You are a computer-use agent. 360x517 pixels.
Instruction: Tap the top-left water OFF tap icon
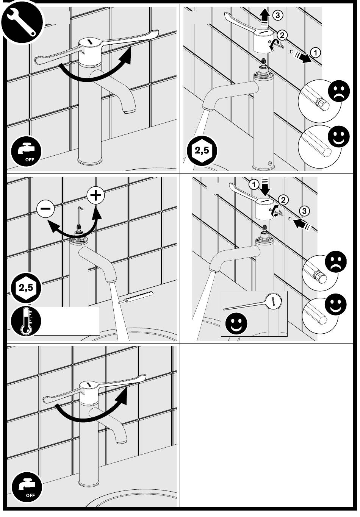coord(27,153)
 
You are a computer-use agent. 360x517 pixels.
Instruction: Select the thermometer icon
coord(25,321)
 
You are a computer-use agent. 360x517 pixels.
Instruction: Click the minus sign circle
coord(45,209)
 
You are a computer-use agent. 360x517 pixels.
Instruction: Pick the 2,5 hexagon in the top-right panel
coord(202,151)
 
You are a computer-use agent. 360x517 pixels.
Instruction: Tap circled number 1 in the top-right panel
coord(316,52)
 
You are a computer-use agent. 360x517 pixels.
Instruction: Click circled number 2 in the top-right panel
coord(282,35)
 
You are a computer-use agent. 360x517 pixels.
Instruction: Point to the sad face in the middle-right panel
coord(336,262)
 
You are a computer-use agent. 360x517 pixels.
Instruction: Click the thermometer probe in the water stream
coord(135,297)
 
